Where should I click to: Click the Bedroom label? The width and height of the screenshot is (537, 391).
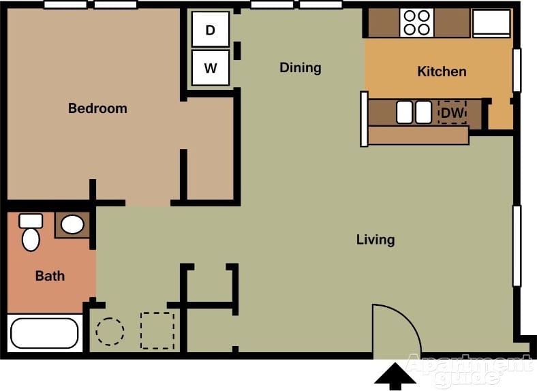click(97, 108)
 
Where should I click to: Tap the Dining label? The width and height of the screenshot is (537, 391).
click(300, 67)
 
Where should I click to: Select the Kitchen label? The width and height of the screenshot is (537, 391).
click(442, 72)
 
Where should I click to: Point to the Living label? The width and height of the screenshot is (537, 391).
click(375, 240)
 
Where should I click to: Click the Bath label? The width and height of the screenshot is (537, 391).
click(50, 276)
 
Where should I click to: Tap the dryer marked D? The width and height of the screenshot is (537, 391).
click(210, 30)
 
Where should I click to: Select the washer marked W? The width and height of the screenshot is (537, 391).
click(210, 68)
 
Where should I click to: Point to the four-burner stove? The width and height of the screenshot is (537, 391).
click(417, 22)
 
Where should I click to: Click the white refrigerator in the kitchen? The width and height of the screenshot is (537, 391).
click(491, 22)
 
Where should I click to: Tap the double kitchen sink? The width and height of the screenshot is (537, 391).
click(414, 112)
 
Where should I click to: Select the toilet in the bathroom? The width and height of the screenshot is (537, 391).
click(31, 234)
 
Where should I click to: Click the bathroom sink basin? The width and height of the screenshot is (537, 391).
click(72, 224)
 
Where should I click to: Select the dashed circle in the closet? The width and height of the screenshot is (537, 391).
click(110, 332)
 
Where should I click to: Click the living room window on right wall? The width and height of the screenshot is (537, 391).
click(517, 245)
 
